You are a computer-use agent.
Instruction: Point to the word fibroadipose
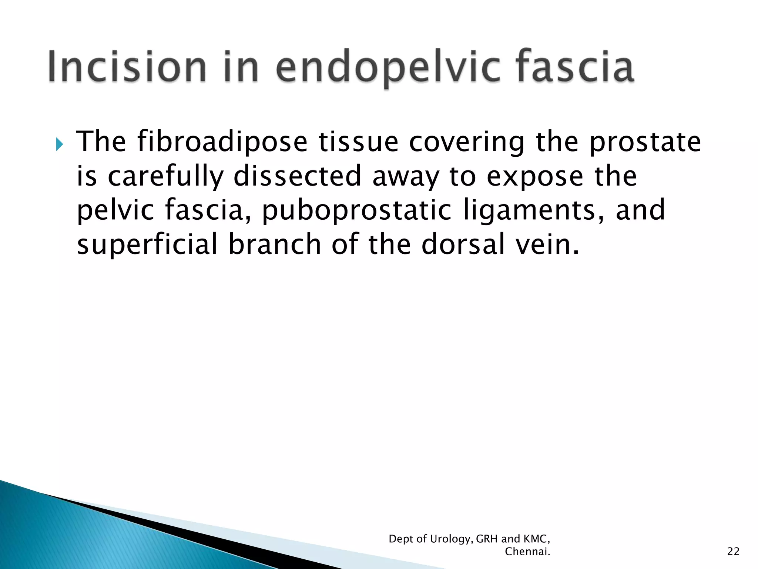pyautogui.click(x=222, y=142)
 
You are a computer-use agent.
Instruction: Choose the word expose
pyautogui.click(x=535, y=176)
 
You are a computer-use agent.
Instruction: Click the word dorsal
pyautogui.click(x=463, y=244)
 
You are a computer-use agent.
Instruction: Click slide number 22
pyautogui.click(x=733, y=552)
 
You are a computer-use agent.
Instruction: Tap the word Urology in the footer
pyautogui.click(x=451, y=539)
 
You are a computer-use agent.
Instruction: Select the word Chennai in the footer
pyautogui.click(x=527, y=552)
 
